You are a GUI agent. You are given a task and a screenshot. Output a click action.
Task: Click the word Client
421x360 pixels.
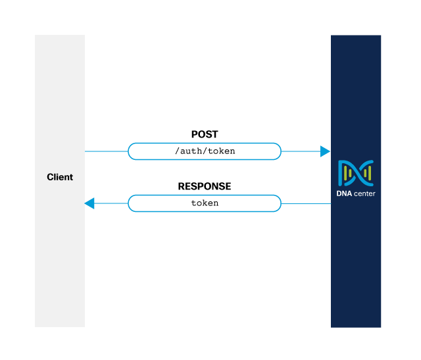coord(60,177)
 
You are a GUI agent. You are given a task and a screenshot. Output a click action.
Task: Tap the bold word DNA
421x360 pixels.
coord(345,193)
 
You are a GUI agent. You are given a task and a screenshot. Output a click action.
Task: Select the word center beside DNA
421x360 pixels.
coord(364,193)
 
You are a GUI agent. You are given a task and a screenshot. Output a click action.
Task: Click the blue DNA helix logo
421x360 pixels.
coord(356,172)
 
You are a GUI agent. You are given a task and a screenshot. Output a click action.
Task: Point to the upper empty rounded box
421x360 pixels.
coord(204,151)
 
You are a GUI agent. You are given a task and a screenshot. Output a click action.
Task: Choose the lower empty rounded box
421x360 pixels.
coord(204,203)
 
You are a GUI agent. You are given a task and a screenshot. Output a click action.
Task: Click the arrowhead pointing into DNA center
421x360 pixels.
coord(325,151)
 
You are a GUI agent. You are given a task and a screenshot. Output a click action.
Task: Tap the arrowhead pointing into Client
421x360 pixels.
coord(90,203)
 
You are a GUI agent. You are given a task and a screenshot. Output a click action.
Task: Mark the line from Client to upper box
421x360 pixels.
coord(106,151)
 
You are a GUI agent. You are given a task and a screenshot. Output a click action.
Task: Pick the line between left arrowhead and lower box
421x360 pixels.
coord(111,203)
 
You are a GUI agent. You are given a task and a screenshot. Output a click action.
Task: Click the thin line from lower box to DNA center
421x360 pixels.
coord(306,203)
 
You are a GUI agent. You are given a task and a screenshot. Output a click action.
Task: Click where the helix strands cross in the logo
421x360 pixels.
coord(356,172)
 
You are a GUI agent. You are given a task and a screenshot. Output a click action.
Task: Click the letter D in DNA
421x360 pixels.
coord(339,193)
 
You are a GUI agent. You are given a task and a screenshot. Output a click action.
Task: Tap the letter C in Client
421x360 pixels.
coord(50,177)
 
